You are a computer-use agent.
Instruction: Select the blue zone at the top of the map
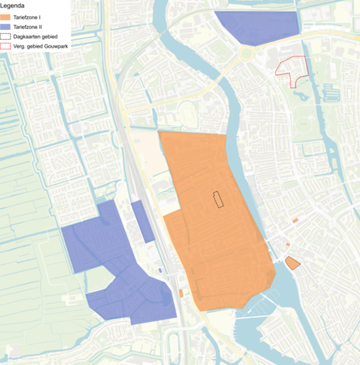pyautogui.click(x=259, y=27)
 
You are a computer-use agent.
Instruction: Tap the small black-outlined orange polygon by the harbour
pyautogui.click(x=292, y=263)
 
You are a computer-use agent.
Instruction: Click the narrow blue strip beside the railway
pyautogui.click(x=142, y=220)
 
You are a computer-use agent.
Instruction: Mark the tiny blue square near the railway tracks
pyautogui.click(x=160, y=269)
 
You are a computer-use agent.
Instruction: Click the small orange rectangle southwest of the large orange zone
pyautogui.click(x=181, y=293)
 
